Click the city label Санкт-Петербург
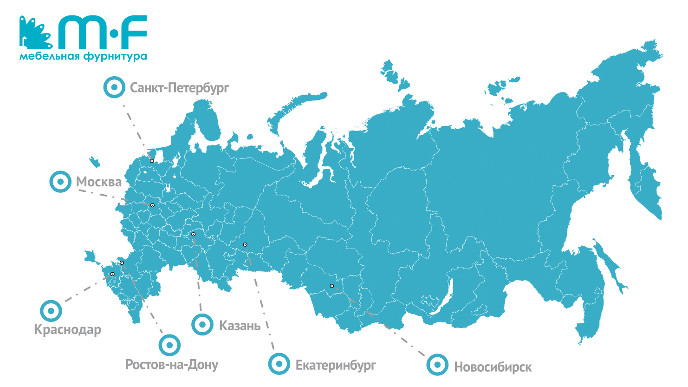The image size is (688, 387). [179, 88]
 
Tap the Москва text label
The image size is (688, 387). [99, 182]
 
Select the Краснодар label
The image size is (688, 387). [67, 329]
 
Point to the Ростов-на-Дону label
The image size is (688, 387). [172, 365]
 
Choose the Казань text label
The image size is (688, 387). [240, 326]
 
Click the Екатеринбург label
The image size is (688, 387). [336, 366]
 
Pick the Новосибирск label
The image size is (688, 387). [493, 367]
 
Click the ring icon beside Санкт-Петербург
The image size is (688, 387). [114, 87]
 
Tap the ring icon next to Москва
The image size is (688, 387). [60, 182]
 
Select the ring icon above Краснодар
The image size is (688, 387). [51, 311]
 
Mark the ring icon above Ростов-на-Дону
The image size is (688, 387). [169, 345]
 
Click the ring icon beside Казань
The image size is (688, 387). [202, 324]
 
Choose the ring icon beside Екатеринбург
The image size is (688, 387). [279, 364]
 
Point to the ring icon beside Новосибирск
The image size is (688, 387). [437, 365]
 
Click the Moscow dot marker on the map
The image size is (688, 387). [152, 205]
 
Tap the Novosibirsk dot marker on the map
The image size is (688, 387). [331, 286]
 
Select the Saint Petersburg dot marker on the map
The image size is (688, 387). [152, 161]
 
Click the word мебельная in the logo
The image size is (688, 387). [50, 57]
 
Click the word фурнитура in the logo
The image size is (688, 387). [115, 57]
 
